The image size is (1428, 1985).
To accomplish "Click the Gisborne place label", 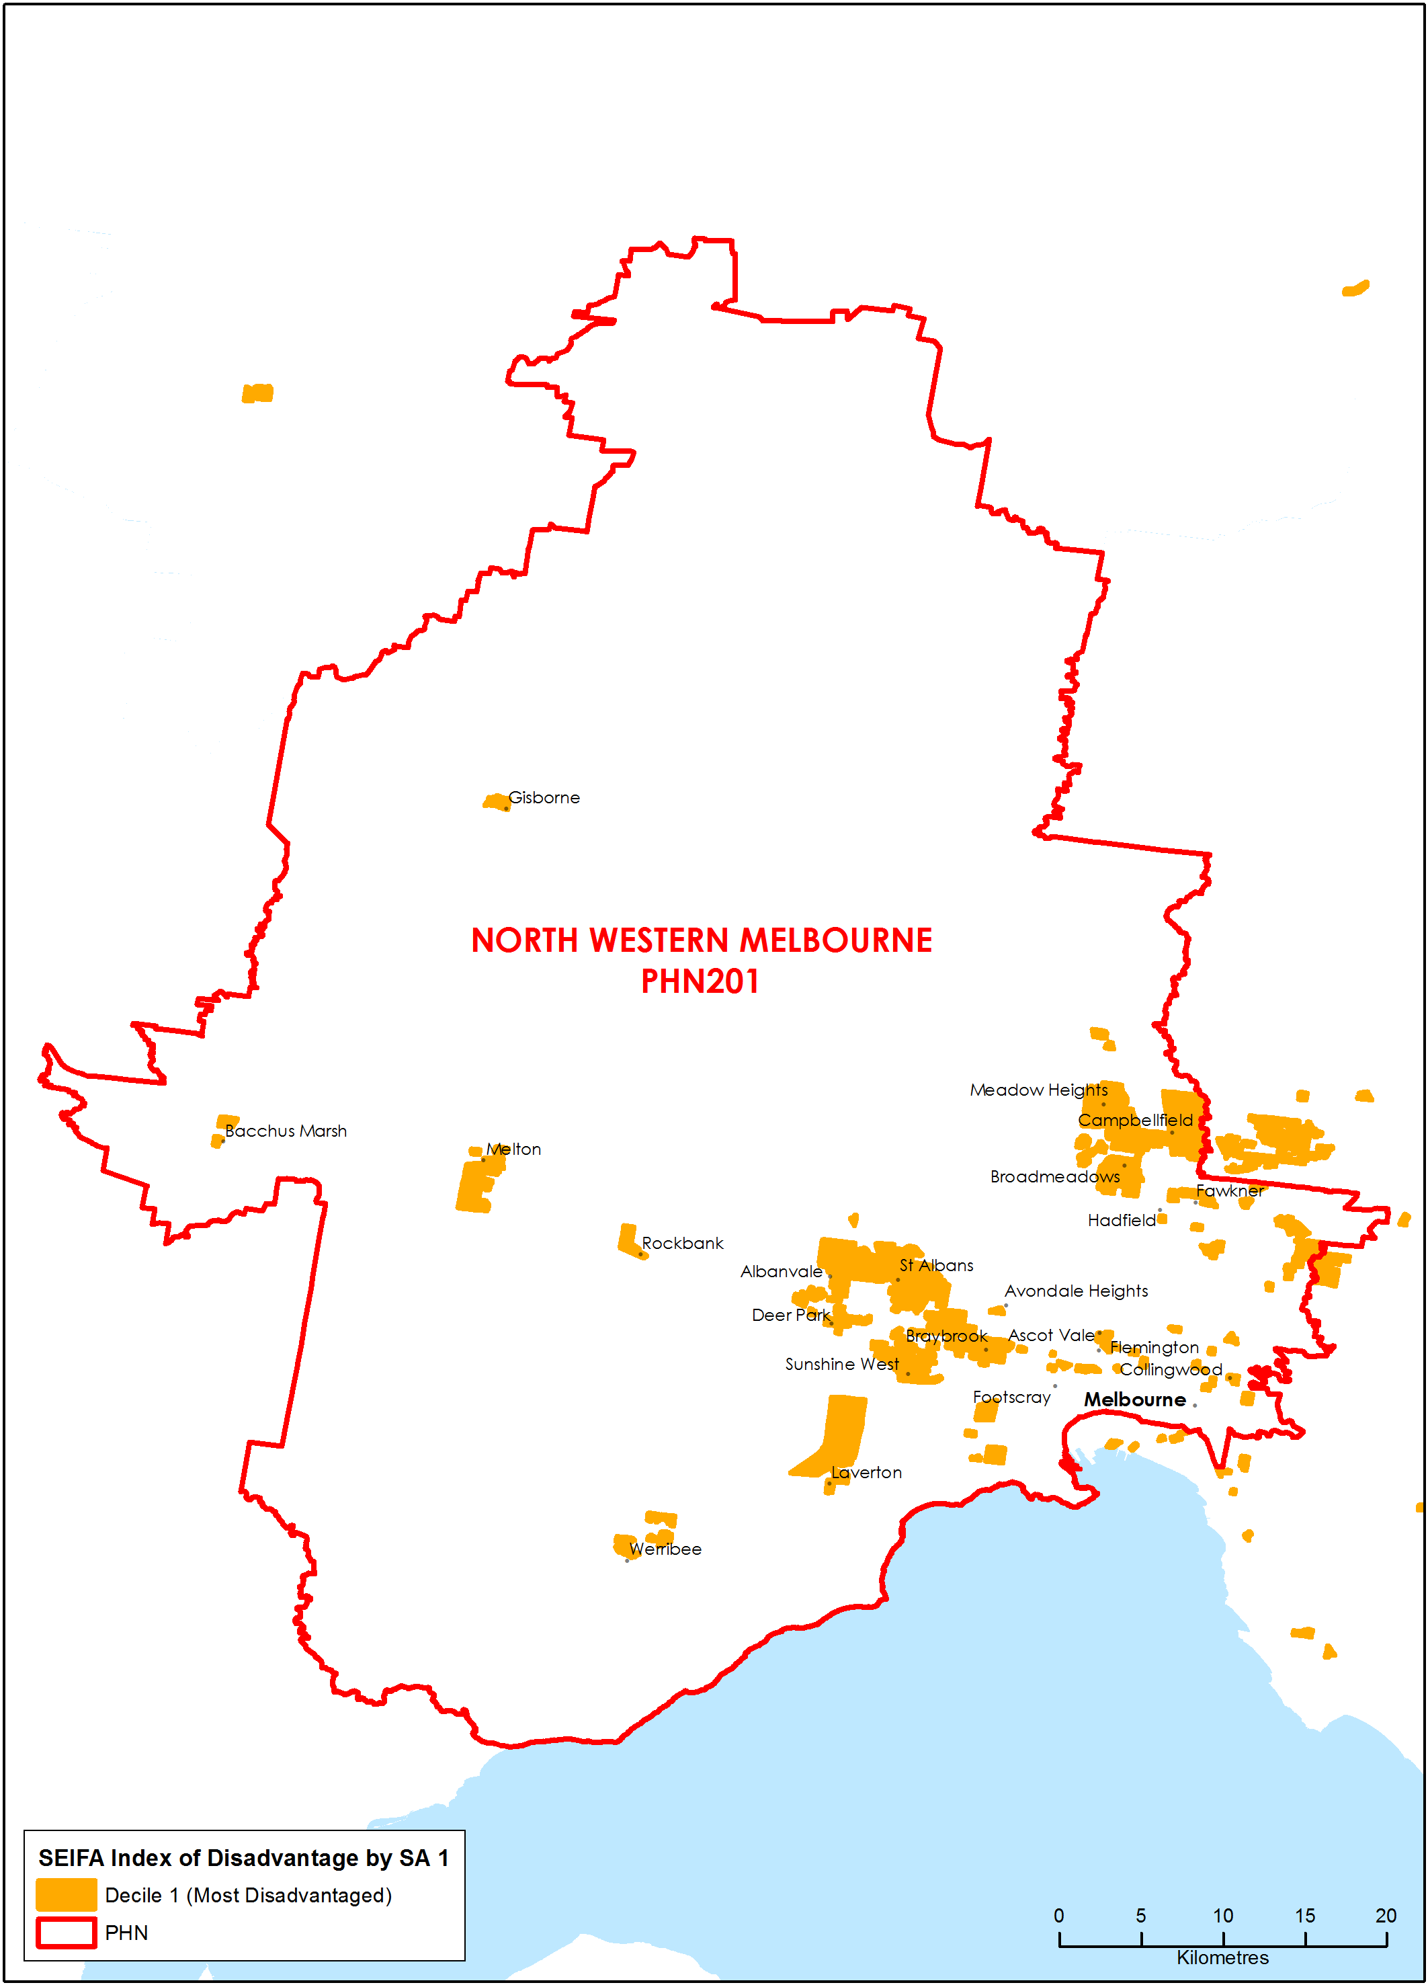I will [x=544, y=797].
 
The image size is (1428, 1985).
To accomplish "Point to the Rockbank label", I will [x=683, y=1243].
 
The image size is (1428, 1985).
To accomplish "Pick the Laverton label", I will [x=866, y=1472].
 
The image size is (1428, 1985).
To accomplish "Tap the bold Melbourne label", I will [x=1134, y=1400].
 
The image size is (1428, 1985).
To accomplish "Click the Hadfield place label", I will [x=1121, y=1220].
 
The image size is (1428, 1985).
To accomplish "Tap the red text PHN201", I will [x=700, y=981].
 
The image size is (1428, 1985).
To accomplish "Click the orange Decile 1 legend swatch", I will [x=67, y=1894].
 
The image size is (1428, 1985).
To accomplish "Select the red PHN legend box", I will [x=67, y=1933].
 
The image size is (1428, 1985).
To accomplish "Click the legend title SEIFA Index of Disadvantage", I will [x=243, y=1857].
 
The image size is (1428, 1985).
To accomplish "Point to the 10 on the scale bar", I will [x=1222, y=1915].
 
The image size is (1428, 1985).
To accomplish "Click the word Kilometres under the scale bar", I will [x=1222, y=1958].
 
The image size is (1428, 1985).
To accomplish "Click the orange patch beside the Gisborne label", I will [x=496, y=801].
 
